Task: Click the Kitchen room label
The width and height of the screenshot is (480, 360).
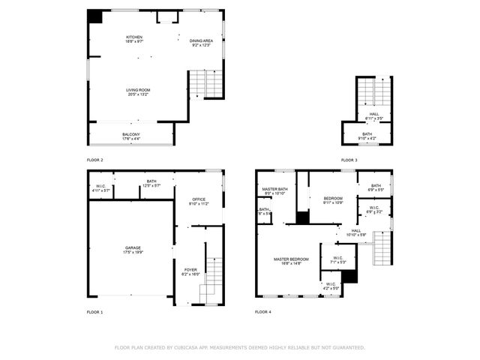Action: click(x=134, y=39)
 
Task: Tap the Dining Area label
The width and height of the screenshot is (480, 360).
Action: click(x=201, y=43)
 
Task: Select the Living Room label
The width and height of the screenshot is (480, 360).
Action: click(x=137, y=92)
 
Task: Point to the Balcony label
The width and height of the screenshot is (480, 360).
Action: click(x=131, y=136)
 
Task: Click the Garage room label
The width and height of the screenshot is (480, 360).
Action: click(x=133, y=250)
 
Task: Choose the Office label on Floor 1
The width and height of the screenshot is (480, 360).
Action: click(x=199, y=201)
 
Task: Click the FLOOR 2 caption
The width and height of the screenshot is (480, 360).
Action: click(x=95, y=160)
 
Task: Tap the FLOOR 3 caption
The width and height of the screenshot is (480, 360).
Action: click(x=349, y=160)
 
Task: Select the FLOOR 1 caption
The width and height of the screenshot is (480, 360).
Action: click(x=95, y=311)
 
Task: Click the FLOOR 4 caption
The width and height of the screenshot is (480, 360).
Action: click(x=263, y=311)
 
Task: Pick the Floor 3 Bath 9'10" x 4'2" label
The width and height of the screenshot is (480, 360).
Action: click(x=367, y=136)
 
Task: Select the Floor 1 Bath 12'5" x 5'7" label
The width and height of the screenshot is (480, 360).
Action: click(x=151, y=183)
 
